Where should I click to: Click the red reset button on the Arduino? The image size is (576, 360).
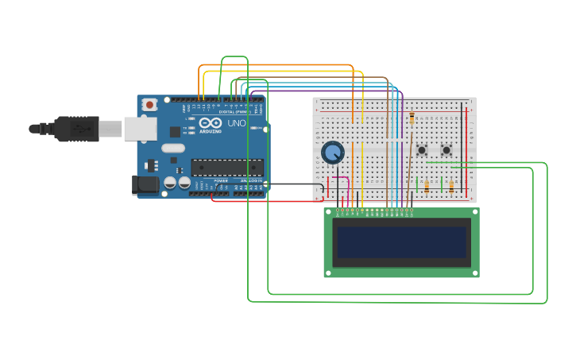point(149,105)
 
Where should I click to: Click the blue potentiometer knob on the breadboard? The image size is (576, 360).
point(332,152)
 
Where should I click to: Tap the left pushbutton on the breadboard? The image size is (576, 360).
point(422,149)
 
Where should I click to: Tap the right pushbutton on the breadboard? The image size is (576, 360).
point(446,149)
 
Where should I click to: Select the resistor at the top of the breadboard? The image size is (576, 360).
point(412,118)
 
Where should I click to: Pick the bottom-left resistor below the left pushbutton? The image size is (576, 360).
point(427,187)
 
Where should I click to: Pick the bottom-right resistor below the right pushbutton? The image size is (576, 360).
point(451,187)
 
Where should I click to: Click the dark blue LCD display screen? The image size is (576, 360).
point(401,242)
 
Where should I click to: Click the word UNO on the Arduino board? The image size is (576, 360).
point(237,124)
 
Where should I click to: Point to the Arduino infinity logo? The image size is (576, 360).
point(211,124)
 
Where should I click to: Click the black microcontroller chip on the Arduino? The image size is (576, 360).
point(227,167)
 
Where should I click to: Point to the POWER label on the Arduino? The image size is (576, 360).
point(220,180)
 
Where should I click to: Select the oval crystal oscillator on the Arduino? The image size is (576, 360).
point(172,148)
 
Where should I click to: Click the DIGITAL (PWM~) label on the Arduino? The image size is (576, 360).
point(234,111)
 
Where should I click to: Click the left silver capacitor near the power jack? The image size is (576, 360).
point(170,183)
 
